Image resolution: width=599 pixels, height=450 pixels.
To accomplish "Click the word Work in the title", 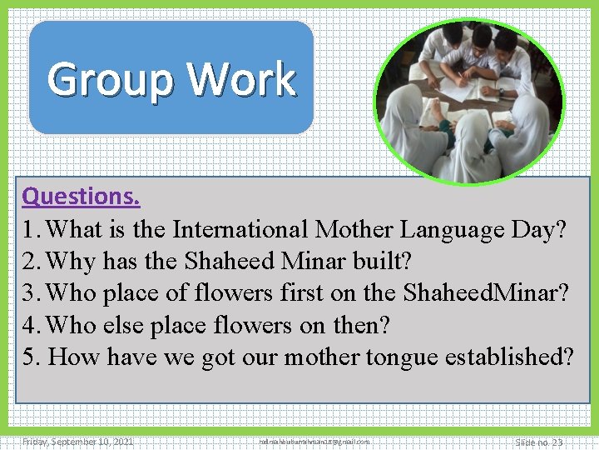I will pyautogui.click(x=241, y=79).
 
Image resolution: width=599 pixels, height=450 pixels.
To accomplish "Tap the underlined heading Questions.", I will pyautogui.click(x=81, y=197).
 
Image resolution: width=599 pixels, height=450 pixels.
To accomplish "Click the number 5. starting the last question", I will pyautogui.click(x=32, y=357).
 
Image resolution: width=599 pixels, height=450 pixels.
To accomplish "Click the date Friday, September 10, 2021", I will pyautogui.click(x=78, y=442).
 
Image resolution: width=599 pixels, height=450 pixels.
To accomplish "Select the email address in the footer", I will pyautogui.click(x=314, y=442).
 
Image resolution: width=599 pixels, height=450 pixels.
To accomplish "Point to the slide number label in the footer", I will pyautogui.click(x=538, y=442).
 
